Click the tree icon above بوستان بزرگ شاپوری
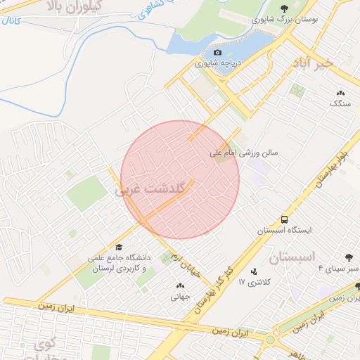tap(283, 8)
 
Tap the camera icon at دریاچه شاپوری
tap(217, 52)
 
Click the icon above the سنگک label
tap(341, 92)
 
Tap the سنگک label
tap(340, 103)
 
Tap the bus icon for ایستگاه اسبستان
tap(284, 219)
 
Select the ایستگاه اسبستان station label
tap(279, 230)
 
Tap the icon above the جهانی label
tap(179, 285)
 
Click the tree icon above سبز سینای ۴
tap(349, 258)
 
